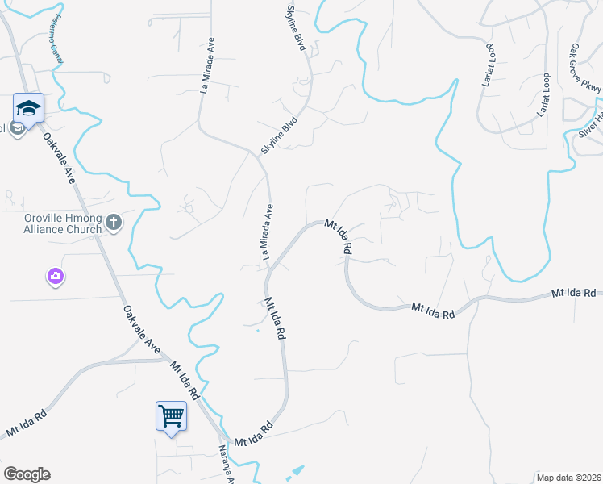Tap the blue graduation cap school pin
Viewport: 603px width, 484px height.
pyautogui.click(x=28, y=108)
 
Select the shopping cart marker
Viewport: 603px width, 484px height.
pyautogui.click(x=171, y=416)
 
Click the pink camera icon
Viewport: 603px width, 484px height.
pyautogui.click(x=55, y=277)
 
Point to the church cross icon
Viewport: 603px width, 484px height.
pyautogui.click(x=114, y=223)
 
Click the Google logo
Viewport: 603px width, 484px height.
pyautogui.click(x=27, y=474)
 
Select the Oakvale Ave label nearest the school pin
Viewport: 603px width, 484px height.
pyautogui.click(x=60, y=159)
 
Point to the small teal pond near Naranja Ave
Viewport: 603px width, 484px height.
pyautogui.click(x=296, y=471)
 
